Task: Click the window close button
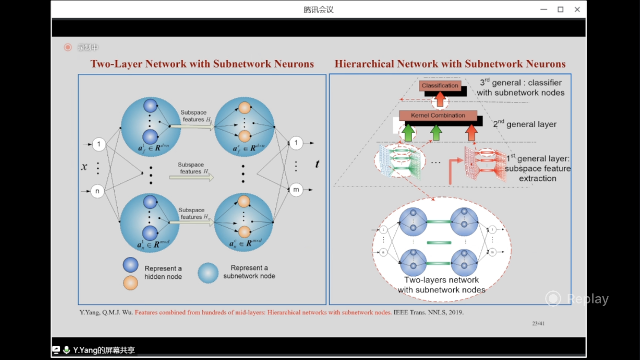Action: [x=577, y=10]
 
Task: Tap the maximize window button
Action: [x=560, y=10]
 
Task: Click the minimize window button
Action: [x=544, y=10]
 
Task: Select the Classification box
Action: [x=440, y=86]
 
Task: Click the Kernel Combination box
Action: [x=438, y=116]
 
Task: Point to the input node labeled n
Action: [x=98, y=192]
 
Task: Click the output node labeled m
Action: [x=296, y=190]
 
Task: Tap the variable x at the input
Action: [x=84, y=167]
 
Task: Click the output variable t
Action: [x=317, y=164]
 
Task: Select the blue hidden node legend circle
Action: [x=130, y=265]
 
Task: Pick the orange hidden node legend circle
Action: [x=130, y=283]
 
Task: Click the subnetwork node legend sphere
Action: [x=208, y=273]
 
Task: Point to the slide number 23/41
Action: [x=538, y=324]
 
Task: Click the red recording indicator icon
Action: [x=68, y=47]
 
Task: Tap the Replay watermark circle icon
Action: [x=553, y=299]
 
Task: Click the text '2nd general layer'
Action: [x=525, y=124]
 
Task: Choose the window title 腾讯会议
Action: [x=319, y=10]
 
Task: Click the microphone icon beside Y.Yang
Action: [x=67, y=350]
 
